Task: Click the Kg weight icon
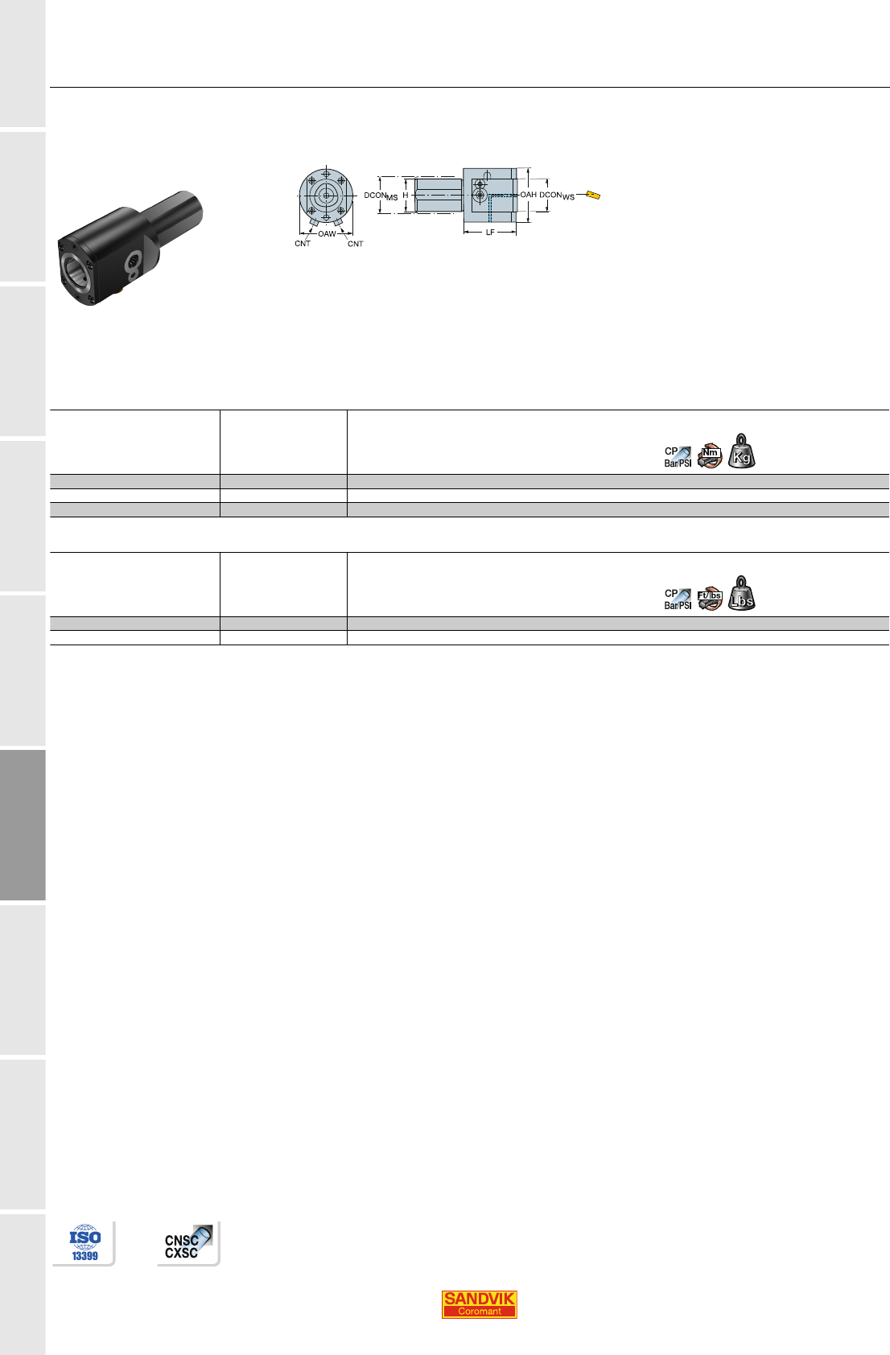tap(742, 451)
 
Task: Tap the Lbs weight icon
tap(742, 594)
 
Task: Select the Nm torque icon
tap(710, 455)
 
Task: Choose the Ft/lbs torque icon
tap(710, 599)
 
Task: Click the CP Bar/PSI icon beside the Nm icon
tap(678, 457)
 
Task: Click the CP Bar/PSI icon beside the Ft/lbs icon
tap(678, 599)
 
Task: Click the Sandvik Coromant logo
tap(479, 1304)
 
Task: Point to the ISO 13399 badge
tap(84, 1243)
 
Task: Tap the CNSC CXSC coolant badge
tap(188, 1243)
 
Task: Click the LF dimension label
tap(490, 233)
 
